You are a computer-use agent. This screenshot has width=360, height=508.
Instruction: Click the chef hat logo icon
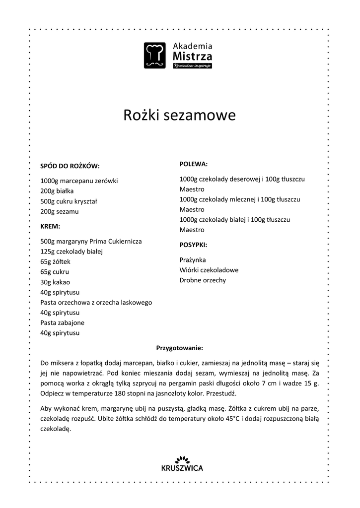154,55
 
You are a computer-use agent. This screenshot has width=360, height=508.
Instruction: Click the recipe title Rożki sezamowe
179,115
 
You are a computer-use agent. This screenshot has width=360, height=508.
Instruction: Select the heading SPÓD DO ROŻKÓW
70,166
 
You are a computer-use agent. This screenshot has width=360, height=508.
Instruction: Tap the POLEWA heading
193,164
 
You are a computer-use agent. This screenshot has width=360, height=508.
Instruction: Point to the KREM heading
50,226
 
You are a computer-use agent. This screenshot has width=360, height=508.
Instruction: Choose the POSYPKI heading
193,245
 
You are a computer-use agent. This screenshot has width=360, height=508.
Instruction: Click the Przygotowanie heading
179,348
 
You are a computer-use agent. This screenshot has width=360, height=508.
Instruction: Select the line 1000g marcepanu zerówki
79,181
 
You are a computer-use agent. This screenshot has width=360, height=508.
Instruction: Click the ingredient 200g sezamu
60,211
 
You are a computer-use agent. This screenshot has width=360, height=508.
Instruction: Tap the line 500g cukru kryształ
69,201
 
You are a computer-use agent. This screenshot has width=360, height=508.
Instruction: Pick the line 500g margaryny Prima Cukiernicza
91,242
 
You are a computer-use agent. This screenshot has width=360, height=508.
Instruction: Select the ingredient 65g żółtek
56,262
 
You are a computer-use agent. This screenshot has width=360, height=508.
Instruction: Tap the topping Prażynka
193,260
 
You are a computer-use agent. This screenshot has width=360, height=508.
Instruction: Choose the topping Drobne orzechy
203,280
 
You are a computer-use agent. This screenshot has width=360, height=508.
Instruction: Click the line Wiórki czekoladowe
209,270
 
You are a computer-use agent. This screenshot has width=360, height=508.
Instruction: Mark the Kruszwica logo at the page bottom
182,463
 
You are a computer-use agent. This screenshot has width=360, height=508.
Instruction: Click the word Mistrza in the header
192,57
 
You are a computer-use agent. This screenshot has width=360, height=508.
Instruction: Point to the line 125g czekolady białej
71,252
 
